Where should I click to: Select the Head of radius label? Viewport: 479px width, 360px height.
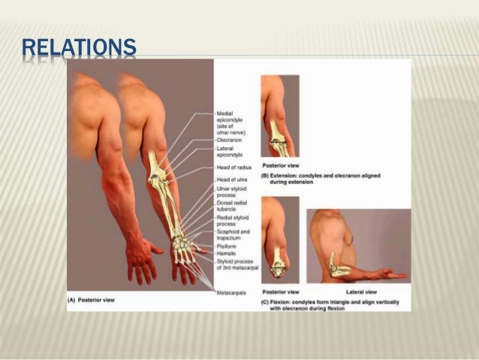233,168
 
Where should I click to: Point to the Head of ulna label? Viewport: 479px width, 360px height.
232,181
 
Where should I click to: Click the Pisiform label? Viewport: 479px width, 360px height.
227,245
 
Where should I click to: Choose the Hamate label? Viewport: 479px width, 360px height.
227,253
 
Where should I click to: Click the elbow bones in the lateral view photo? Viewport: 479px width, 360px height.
335,265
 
